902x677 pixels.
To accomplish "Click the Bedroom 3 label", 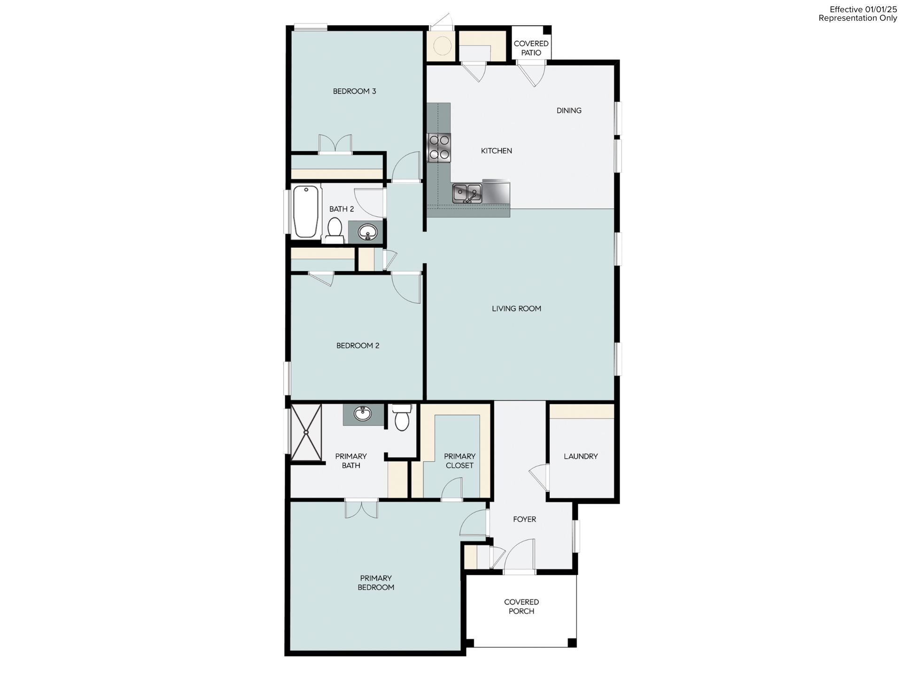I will pyautogui.click(x=354, y=91).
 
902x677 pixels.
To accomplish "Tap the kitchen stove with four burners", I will pyautogui.click(x=439, y=148).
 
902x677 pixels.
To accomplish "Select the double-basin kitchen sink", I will pyautogui.click(x=467, y=193).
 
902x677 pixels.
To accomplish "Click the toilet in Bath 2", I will pyautogui.click(x=334, y=230).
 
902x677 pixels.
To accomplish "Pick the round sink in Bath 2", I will pyautogui.click(x=367, y=232).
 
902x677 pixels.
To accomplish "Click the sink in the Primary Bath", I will pyautogui.click(x=362, y=414).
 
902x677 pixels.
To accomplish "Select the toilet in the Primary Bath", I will pyautogui.click(x=402, y=418).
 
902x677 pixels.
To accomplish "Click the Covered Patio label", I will pyautogui.click(x=531, y=48).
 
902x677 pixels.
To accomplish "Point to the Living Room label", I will pyautogui.click(x=516, y=309).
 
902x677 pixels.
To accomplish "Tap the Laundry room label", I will pyautogui.click(x=581, y=457).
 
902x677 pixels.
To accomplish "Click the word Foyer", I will pyautogui.click(x=524, y=520).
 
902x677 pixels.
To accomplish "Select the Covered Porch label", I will pyautogui.click(x=521, y=606).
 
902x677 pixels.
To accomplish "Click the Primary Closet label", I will pyautogui.click(x=459, y=461).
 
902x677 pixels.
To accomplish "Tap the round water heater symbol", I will pyautogui.click(x=442, y=46).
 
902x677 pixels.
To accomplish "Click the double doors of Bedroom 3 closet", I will pyautogui.click(x=335, y=144).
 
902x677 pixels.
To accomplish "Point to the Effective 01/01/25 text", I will pyautogui.click(x=863, y=9).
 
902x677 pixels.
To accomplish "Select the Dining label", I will pyautogui.click(x=569, y=110).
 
